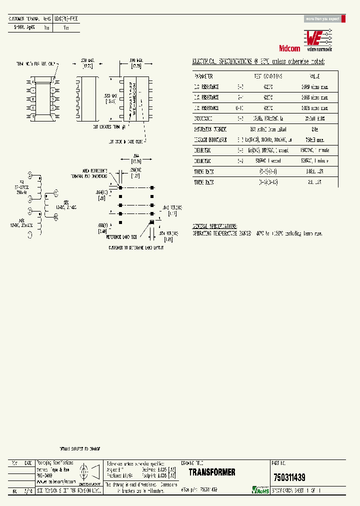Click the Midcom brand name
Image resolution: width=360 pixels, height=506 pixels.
289,48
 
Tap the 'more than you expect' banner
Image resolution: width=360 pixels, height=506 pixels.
322,19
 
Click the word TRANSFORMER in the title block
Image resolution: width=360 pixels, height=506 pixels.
212,472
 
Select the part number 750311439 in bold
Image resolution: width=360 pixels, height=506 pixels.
289,477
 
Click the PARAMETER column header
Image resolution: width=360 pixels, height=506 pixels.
203,76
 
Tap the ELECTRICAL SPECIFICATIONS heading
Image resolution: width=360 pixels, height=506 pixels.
258,61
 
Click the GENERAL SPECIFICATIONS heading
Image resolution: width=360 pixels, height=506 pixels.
215,226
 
